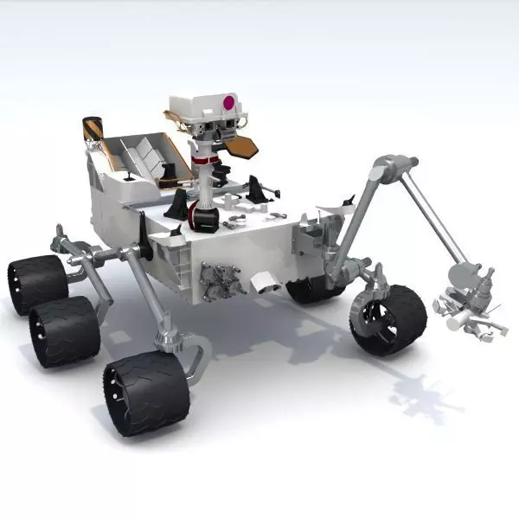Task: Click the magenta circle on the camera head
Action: (229, 102)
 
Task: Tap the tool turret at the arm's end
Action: (467, 303)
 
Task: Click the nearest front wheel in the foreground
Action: (146, 393)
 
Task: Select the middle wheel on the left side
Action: (64, 330)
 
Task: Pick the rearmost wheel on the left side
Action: (37, 283)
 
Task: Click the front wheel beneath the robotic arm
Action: (388, 319)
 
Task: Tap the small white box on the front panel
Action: (263, 280)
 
